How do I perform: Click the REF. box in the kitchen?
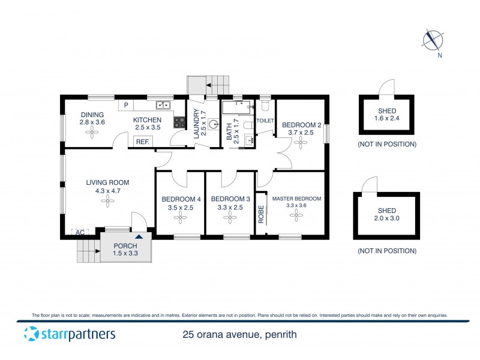tap(143, 142)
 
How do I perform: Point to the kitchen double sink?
tap(163, 106)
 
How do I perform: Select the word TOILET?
tap(265, 121)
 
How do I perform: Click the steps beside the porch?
tap(88, 250)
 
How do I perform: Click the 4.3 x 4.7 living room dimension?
tap(107, 191)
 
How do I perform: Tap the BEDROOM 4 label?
tap(181, 199)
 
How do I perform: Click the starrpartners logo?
tap(69, 334)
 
